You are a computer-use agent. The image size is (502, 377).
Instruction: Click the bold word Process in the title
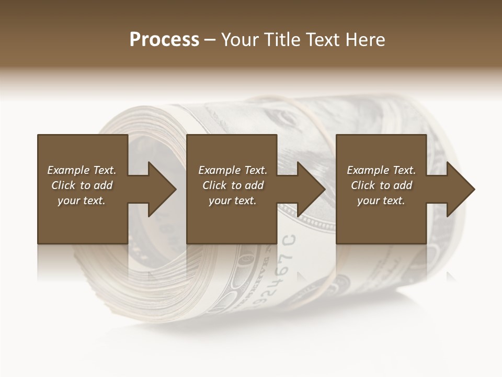164,39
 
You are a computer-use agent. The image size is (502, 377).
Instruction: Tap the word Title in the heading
282,39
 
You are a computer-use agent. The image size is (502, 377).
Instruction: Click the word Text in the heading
322,39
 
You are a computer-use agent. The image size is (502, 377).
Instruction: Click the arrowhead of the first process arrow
162,189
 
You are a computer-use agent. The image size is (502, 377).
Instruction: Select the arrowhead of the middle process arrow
311,189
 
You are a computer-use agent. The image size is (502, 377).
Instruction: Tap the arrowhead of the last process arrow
461,189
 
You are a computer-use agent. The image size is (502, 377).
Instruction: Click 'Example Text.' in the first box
82,170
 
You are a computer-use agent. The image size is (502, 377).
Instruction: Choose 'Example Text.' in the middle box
233,170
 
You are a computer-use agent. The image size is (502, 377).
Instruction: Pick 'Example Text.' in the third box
381,170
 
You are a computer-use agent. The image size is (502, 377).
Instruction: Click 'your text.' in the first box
82,201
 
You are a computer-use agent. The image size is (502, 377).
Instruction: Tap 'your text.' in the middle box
233,201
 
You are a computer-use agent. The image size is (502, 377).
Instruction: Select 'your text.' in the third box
381,201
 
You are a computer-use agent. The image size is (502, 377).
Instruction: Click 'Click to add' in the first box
82,185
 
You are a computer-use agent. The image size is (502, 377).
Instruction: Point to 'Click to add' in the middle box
233,185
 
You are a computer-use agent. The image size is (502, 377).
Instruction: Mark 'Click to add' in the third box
381,185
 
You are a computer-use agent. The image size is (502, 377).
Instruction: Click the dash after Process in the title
210,40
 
